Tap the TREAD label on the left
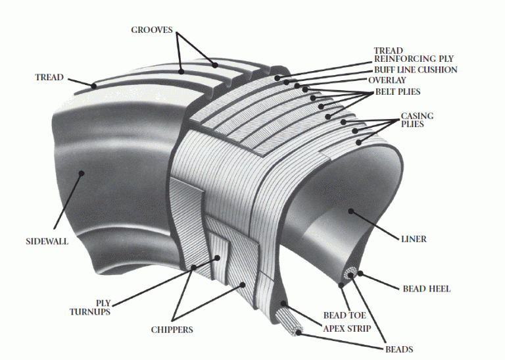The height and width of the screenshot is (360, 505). pos(49,78)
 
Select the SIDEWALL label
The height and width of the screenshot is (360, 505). pos(47,242)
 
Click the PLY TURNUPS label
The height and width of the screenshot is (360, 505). pos(90,307)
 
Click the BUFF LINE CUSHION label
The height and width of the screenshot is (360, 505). pos(416,70)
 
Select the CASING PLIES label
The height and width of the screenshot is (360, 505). pos(417,120)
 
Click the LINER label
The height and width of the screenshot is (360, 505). pos(414,239)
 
